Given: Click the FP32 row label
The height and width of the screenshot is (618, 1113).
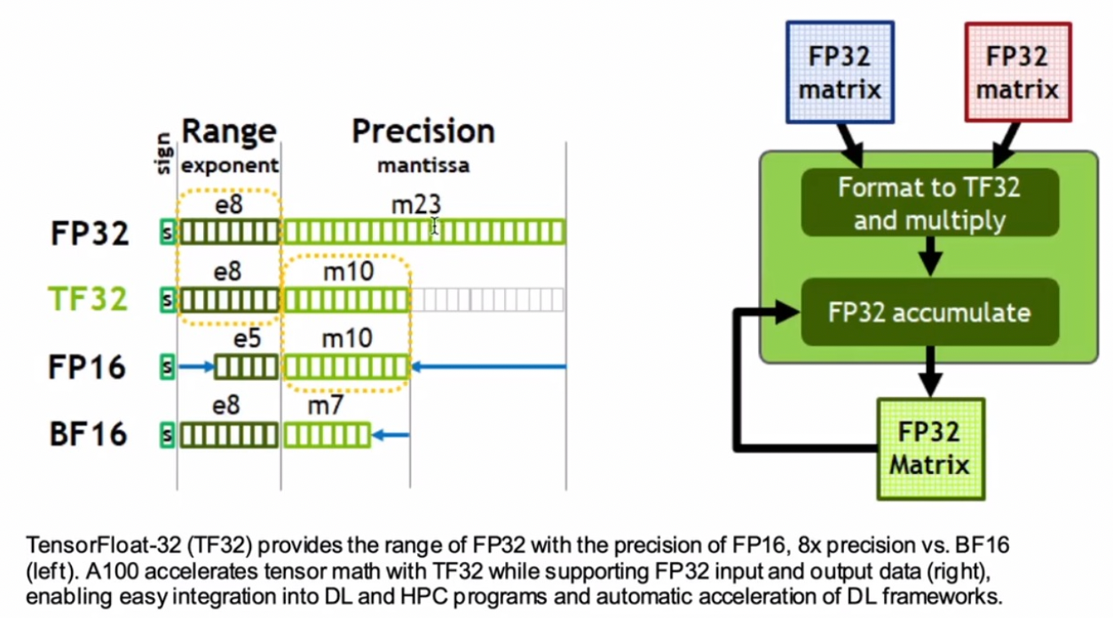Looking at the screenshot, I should (90, 234).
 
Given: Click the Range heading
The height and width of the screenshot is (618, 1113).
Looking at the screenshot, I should (229, 132).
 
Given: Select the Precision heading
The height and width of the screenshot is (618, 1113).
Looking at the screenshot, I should (423, 131).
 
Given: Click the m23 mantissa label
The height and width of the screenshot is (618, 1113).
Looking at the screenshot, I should (416, 206).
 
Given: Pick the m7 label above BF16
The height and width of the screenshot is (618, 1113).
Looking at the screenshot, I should (325, 406).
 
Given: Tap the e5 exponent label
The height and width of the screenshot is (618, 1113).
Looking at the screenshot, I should (247, 338).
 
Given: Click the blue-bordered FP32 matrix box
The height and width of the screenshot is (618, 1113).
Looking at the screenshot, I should (840, 72).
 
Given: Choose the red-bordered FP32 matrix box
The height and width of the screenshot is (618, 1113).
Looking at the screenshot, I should (1017, 72).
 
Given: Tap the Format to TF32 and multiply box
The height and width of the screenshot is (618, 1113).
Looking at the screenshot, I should (929, 202).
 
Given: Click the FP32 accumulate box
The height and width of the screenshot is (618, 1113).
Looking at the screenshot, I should (929, 312).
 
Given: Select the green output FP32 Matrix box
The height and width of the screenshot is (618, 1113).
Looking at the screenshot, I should (930, 448).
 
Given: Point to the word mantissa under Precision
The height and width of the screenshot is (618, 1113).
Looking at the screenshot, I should (423, 166).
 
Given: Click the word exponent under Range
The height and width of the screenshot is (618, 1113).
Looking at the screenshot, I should (230, 166).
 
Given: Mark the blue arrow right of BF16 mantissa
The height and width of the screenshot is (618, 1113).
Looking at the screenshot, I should (391, 435).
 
